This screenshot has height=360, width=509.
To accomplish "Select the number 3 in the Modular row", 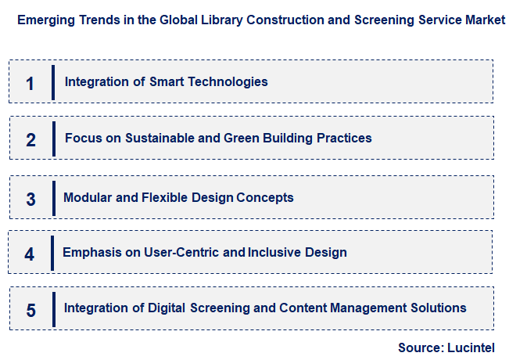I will (30, 199).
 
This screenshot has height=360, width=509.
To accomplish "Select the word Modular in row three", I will (87, 197).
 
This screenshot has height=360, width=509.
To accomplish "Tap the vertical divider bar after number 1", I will (53, 82).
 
